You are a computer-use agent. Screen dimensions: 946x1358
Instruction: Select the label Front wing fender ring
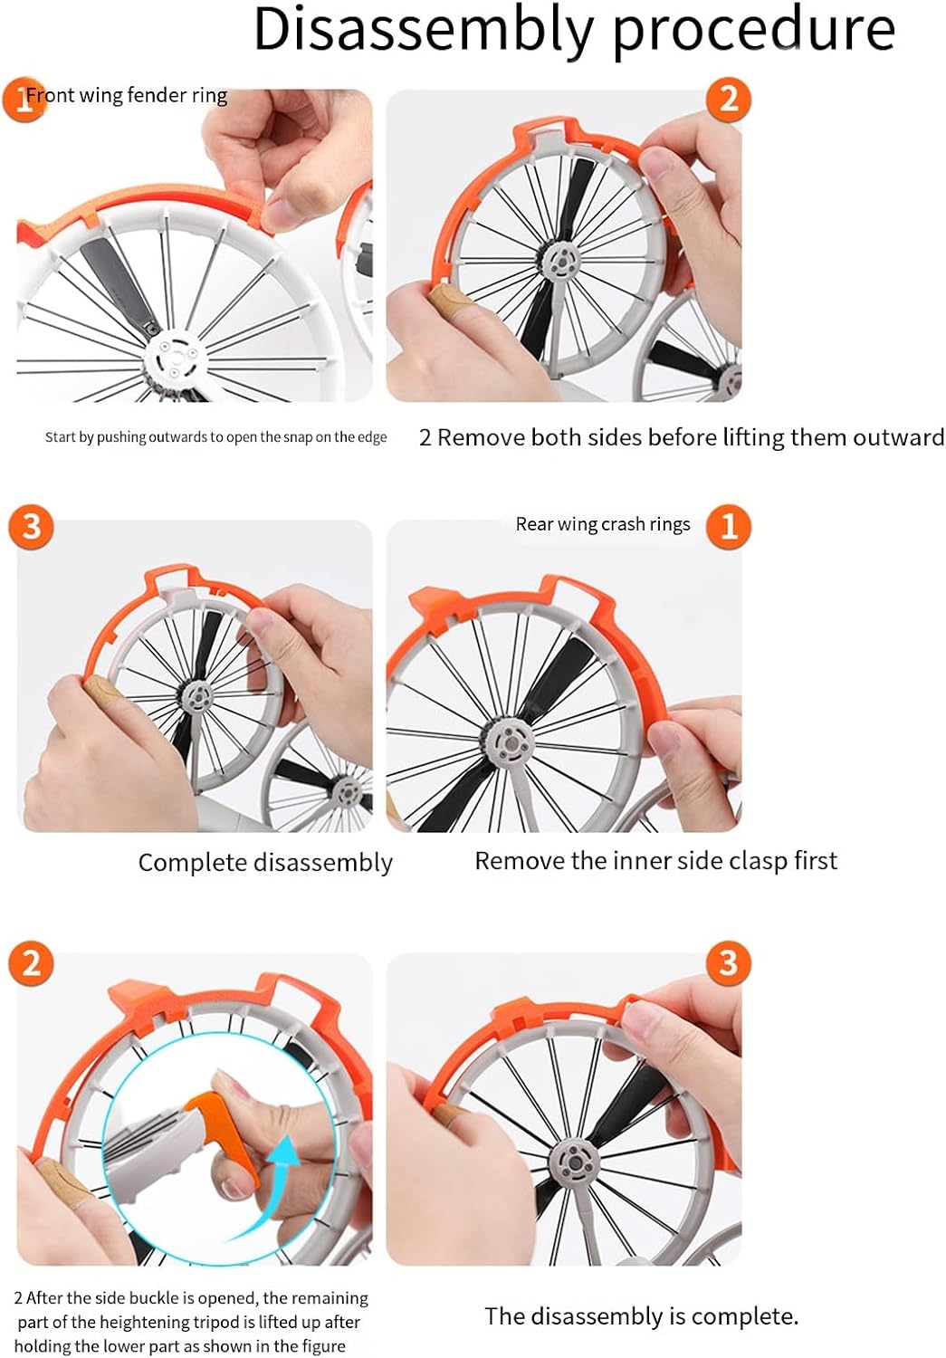coord(127,95)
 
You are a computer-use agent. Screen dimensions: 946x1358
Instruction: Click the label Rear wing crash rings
coord(603,524)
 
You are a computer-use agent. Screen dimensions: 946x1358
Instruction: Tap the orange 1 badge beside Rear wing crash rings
coord(729,526)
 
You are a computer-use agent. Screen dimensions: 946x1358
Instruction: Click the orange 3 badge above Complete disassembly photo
coord(32,526)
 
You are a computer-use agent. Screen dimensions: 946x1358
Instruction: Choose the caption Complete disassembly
coord(265,863)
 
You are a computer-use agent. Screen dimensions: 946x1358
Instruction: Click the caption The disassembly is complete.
coord(641,1315)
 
